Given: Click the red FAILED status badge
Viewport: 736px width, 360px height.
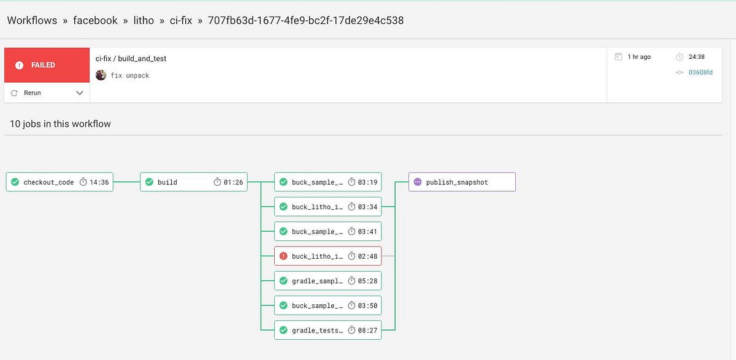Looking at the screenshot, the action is tap(47, 65).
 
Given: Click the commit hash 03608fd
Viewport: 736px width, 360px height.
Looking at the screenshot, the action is tap(700, 72).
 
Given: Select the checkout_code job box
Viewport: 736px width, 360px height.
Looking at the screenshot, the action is tap(59, 182).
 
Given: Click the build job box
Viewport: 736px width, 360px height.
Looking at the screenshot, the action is tap(194, 182).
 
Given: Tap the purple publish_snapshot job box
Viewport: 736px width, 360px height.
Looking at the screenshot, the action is tap(462, 182).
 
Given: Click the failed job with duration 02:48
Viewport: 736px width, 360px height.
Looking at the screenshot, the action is tap(328, 256).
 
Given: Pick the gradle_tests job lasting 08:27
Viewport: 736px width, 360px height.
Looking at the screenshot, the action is tap(328, 331).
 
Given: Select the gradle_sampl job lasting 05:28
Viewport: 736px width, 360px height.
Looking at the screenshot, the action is tap(328, 281).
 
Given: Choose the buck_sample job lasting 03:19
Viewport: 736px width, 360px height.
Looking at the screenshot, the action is tap(328, 182).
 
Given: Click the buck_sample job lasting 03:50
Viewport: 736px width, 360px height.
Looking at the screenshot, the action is tap(328, 305).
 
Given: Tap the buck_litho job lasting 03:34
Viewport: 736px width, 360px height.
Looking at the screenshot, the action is tap(328, 207).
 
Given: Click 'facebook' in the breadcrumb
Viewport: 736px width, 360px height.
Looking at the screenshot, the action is tap(95, 21).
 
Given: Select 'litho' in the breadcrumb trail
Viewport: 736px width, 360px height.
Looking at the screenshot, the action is tap(144, 21).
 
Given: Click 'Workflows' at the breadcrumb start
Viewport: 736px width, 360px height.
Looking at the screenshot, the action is tap(32, 21).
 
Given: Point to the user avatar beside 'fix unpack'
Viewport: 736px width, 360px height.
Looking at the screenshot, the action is tap(101, 75).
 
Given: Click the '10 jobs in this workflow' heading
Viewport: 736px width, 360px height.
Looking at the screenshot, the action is tap(60, 124).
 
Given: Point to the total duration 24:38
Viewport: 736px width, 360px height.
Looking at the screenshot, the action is tap(696, 57).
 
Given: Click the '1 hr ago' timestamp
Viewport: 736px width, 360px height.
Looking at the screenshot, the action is tap(639, 57).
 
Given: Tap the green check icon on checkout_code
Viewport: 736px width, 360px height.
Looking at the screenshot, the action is tap(15, 182).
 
